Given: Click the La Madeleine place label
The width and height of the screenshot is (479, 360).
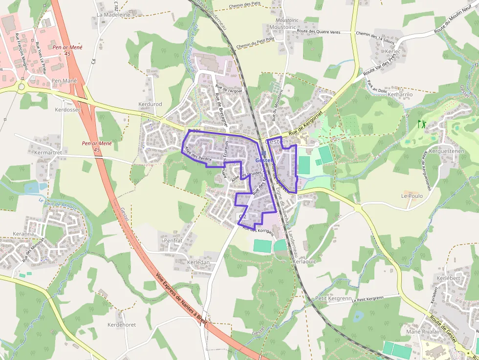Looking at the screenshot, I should pyautogui.click(x=113, y=15).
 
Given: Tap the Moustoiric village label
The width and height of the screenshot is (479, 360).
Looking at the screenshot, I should pyautogui.click(x=283, y=27).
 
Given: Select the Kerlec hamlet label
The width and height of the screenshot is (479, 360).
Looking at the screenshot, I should pyautogui.click(x=392, y=51).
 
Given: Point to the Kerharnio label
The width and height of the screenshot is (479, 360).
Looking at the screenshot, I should pyautogui.click(x=400, y=94).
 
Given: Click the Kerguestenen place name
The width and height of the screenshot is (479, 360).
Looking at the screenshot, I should pyautogui.click(x=446, y=151).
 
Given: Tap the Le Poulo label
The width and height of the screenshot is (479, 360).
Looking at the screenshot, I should pyautogui.click(x=412, y=195).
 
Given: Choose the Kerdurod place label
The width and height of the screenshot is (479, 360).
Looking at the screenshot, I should pyautogui.click(x=150, y=105).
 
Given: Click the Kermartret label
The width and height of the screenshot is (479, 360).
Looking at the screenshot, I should pyautogui.click(x=48, y=153).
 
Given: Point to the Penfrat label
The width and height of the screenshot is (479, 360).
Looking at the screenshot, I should pyautogui.click(x=173, y=241).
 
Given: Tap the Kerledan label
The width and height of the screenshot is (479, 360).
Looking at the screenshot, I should pyautogui.click(x=198, y=262).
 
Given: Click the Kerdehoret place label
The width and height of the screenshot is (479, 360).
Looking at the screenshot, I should pyautogui.click(x=122, y=325).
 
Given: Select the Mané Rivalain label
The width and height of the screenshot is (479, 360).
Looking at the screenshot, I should pyautogui.click(x=424, y=332).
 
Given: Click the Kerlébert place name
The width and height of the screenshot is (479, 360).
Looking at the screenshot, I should pyautogui.click(x=448, y=278).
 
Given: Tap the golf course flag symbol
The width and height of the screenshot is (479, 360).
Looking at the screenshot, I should pyautogui.click(x=422, y=124).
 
